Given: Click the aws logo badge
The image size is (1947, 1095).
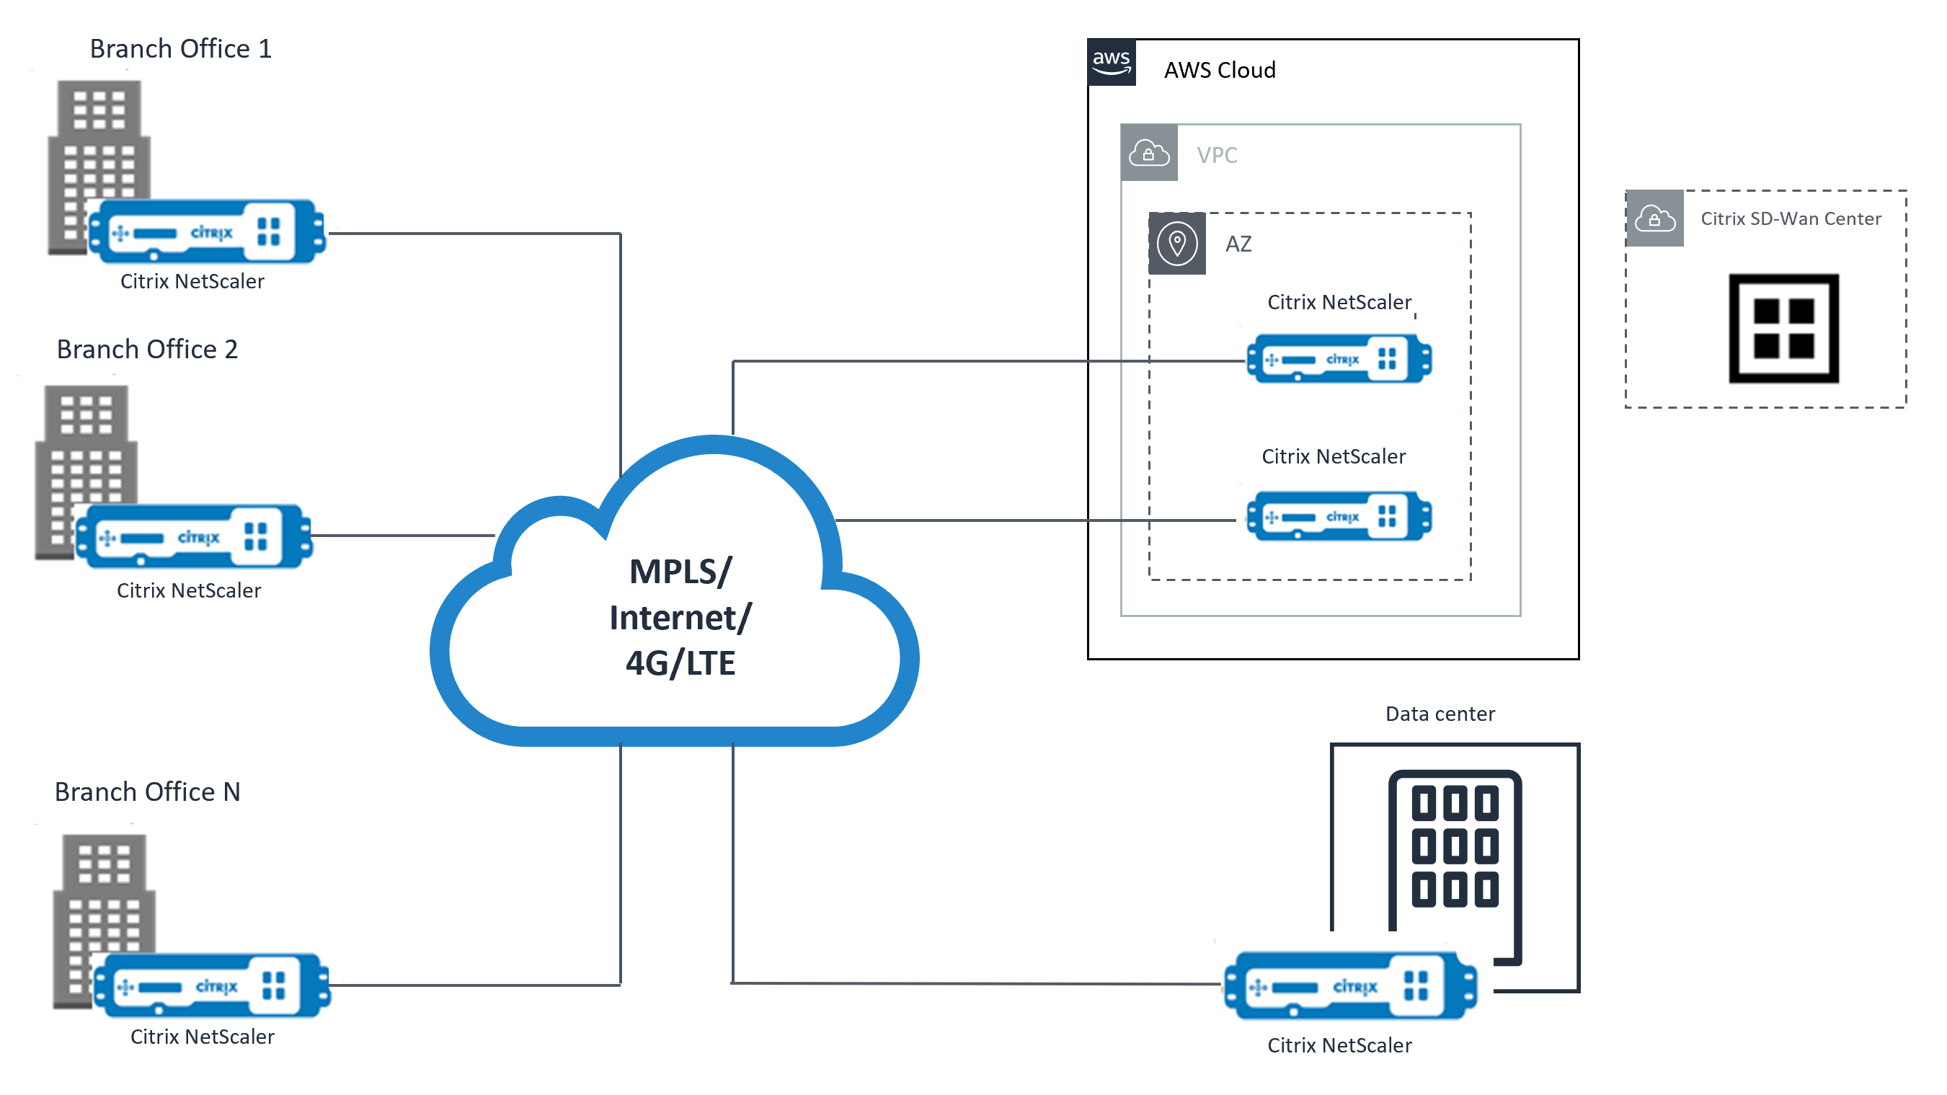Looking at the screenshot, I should (1111, 63).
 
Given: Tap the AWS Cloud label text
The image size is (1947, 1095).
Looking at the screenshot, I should (1219, 70).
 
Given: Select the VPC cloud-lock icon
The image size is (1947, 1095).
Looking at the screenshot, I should (1148, 154).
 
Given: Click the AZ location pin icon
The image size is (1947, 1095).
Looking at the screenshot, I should (1177, 244).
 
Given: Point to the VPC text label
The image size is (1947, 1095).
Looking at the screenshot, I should (1216, 156).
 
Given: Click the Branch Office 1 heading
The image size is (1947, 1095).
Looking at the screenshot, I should (180, 49).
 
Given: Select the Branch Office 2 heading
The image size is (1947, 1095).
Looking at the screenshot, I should (146, 349).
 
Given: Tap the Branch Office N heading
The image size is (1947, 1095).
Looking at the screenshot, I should (146, 792).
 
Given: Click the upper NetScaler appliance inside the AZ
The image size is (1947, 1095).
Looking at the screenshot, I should (1339, 359).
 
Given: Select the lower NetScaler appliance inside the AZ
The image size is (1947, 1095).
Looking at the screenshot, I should (1339, 517).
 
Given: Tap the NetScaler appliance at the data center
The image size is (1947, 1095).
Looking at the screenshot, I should (1350, 985).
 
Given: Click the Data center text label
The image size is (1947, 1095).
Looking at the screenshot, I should (1439, 714).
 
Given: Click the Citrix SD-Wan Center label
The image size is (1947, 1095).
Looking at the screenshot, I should (1790, 219).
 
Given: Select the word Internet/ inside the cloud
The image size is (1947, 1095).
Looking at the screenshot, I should (680, 619).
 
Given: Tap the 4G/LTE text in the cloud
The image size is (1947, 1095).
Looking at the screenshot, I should (680, 663).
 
